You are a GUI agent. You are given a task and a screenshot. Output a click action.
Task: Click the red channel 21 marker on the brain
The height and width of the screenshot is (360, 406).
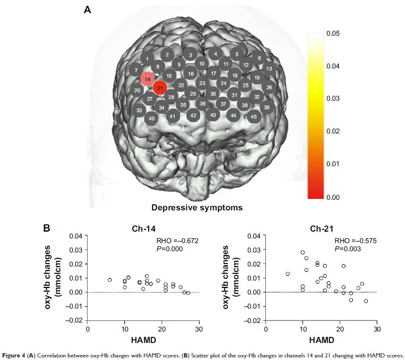coord(160,88)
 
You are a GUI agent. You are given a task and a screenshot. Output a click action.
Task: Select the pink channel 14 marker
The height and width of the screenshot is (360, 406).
coord(148,79)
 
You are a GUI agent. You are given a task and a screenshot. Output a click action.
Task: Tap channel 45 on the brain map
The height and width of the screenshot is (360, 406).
coord(254,116)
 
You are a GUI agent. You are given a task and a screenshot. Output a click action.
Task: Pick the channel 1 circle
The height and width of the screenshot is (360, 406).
coord(147,59)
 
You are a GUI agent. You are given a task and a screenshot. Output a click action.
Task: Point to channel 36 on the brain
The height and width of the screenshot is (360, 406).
coord(203,103)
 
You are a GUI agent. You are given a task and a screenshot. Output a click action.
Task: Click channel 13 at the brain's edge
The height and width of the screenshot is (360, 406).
coord(269,68)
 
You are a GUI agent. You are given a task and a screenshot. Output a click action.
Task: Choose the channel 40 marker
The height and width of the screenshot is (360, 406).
coord(152,119)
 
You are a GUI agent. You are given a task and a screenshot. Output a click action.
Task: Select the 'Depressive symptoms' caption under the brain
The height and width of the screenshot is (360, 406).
coord(197,208)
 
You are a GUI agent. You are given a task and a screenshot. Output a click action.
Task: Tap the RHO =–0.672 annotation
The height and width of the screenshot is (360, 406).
coord(177,241)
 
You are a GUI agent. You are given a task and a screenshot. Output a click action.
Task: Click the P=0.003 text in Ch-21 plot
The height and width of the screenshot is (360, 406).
coord(348,249)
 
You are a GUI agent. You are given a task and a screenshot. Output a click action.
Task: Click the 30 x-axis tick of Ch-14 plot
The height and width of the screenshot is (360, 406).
coord(199,329)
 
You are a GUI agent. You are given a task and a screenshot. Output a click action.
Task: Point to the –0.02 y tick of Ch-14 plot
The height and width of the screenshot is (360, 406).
coord(74,320)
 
